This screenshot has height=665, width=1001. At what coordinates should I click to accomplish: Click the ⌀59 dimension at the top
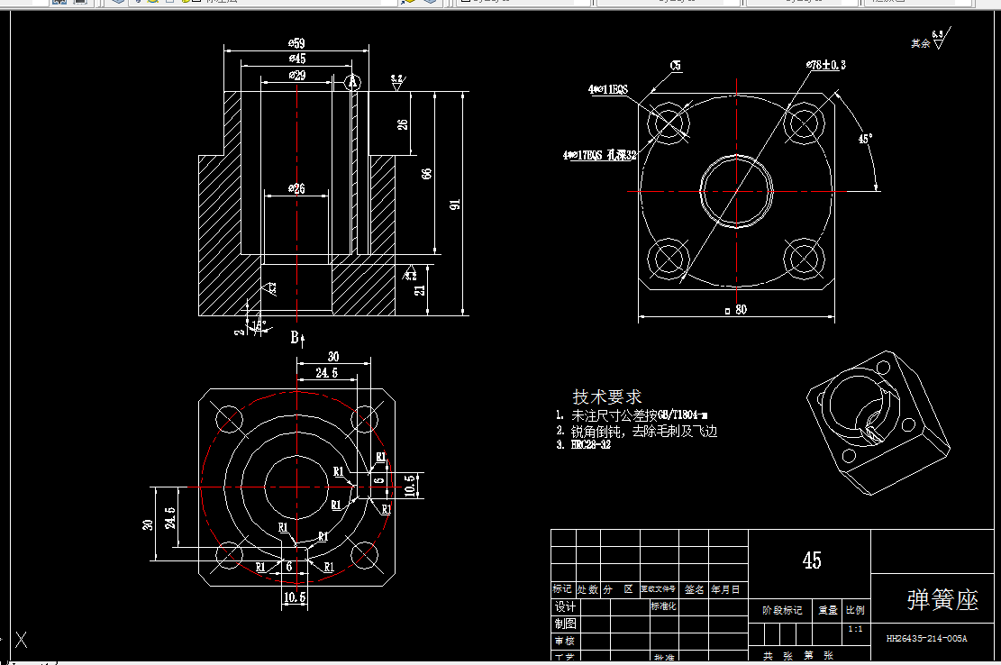[x=296, y=43]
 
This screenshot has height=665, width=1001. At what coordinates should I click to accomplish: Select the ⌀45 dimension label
[x=296, y=59]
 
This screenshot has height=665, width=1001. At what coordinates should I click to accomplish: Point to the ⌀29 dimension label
[x=296, y=76]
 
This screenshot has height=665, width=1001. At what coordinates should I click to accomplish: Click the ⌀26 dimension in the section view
[x=296, y=188]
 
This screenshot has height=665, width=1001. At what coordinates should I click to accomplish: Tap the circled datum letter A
[x=352, y=82]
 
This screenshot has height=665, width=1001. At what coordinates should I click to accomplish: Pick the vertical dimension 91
[x=455, y=205]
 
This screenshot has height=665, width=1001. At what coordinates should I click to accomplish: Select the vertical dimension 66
[x=427, y=173]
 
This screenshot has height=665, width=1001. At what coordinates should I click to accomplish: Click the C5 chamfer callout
[x=675, y=65]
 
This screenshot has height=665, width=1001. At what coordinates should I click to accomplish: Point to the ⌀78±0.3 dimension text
[x=826, y=65]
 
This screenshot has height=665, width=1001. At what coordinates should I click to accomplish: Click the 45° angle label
[x=864, y=139]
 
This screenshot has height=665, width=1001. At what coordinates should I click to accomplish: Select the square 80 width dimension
[x=736, y=310]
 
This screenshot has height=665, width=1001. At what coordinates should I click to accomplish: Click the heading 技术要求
[x=607, y=396]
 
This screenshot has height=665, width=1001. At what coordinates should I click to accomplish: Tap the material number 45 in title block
[x=811, y=560]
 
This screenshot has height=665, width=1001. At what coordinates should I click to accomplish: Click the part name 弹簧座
[x=942, y=600]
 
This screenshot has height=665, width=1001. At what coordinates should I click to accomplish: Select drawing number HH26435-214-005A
[x=926, y=638]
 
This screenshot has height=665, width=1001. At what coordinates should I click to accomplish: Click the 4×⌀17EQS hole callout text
[x=600, y=155]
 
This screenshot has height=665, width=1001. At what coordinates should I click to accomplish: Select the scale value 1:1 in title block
[x=855, y=628]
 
